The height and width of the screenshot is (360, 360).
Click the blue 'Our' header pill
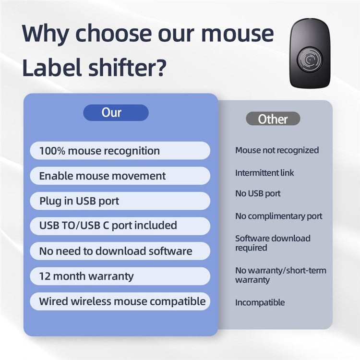click(116, 113)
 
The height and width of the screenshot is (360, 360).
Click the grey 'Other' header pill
click(273, 119)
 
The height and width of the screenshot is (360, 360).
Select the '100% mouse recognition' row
click(120, 151)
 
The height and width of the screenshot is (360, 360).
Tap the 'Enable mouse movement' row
click(120, 176)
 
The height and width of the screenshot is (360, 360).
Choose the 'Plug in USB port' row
click(120, 201)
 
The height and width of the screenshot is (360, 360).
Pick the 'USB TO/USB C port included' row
click(120, 226)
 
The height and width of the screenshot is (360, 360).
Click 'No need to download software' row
click(120, 251)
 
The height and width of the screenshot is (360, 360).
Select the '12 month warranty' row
click(120, 276)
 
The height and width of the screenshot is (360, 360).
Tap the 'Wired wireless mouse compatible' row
click(120, 301)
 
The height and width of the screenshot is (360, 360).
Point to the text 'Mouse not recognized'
click(276, 150)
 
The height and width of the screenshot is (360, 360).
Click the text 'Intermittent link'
click(264, 173)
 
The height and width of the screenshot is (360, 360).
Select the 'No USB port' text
click(258, 194)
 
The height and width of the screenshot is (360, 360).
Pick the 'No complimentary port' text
click(278, 216)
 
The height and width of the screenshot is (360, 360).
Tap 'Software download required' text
click(272, 243)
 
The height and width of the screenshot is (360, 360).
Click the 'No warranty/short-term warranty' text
click(280, 275)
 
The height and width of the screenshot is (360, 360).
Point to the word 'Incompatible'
click(260, 302)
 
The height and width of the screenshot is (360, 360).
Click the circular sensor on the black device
click(311, 60)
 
